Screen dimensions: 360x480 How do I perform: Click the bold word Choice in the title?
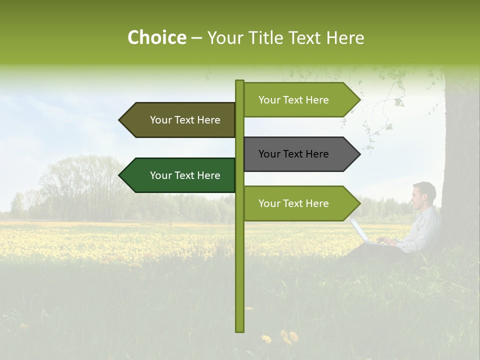point(156,37)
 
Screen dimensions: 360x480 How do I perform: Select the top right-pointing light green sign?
point(300,100)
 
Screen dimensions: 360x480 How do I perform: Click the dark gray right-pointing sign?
point(300,154)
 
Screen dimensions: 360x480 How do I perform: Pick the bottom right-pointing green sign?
point(300,203)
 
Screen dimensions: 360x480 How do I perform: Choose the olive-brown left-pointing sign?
point(180,120)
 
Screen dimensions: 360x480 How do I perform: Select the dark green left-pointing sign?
point(180,175)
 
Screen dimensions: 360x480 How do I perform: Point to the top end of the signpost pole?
point(239,82)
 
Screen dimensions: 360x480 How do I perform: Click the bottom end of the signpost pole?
point(239,329)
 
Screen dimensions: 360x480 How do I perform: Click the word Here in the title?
point(345,37)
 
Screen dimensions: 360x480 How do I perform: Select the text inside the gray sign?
point(293,154)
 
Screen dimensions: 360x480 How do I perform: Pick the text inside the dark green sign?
point(185,175)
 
